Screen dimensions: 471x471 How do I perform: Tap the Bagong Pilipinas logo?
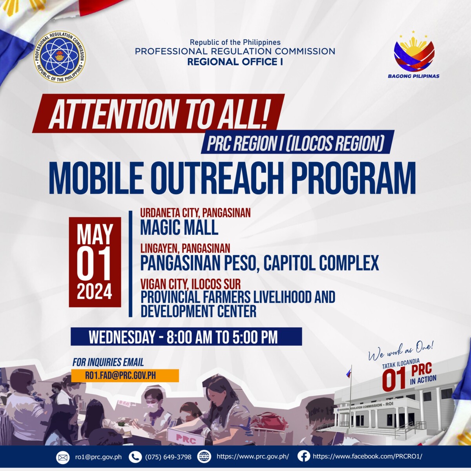pos(414,57)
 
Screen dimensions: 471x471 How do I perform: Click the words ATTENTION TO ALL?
pos(158,114)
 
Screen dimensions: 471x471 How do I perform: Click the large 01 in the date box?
pos(94,264)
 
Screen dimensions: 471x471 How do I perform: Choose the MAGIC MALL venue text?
pos(179,227)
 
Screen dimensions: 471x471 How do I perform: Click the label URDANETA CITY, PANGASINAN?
pos(195,213)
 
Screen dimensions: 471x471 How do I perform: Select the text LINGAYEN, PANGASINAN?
pos(185,248)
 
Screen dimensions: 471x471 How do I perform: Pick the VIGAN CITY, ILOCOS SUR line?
pos(190,284)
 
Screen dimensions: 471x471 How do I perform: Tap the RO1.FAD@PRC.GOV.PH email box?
pos(125,376)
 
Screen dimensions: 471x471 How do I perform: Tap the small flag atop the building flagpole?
pos(348,372)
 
